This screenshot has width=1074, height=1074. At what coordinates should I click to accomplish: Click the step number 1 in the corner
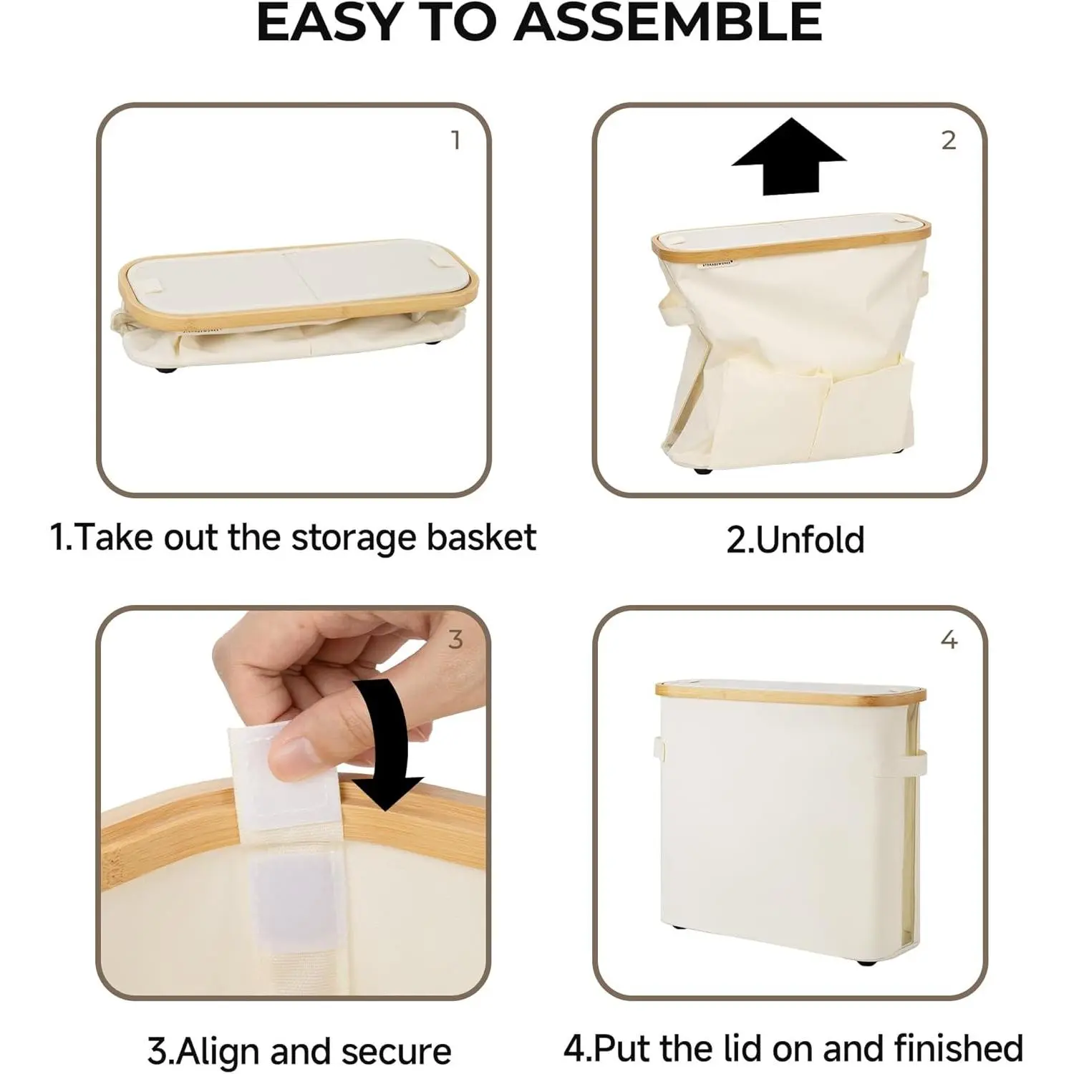click(455, 140)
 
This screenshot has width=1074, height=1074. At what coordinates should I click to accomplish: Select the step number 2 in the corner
click(949, 140)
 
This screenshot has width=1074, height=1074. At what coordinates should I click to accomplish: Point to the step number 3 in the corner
click(455, 639)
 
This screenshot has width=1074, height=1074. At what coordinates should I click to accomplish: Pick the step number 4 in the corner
click(949, 639)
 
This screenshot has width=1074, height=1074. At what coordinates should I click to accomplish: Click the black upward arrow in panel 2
click(789, 158)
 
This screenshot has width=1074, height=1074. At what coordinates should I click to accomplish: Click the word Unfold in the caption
click(810, 540)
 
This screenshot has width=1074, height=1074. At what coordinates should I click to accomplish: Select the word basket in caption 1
click(481, 538)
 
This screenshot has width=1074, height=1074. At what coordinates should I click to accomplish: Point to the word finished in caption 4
click(959, 1048)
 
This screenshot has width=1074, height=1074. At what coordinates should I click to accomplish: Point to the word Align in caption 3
click(219, 1052)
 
